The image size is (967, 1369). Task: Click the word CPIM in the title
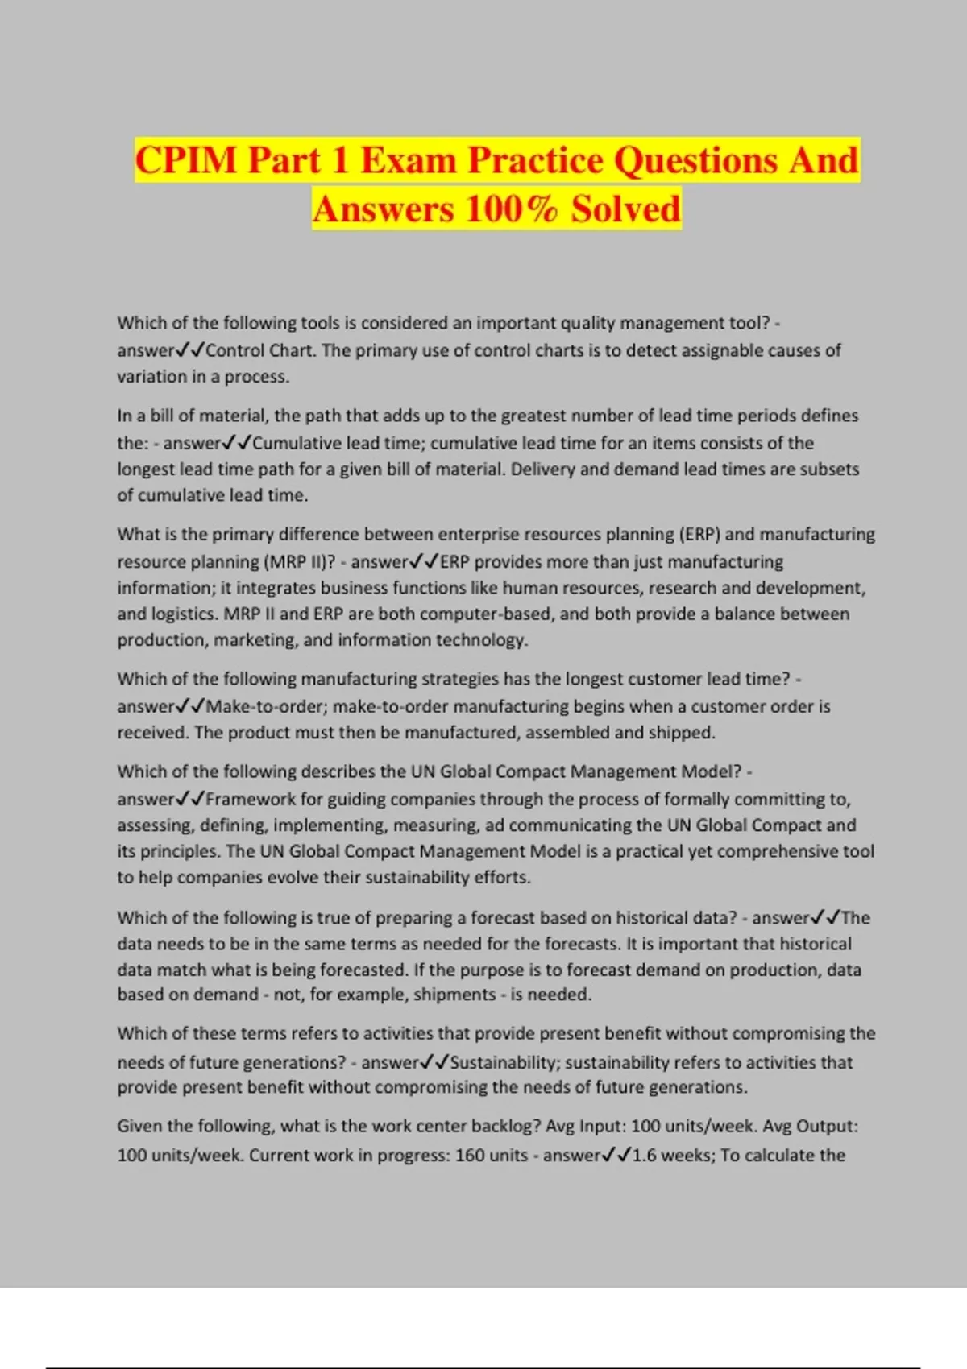(187, 159)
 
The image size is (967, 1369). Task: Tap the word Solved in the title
(625, 209)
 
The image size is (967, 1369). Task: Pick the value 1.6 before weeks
(644, 1155)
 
